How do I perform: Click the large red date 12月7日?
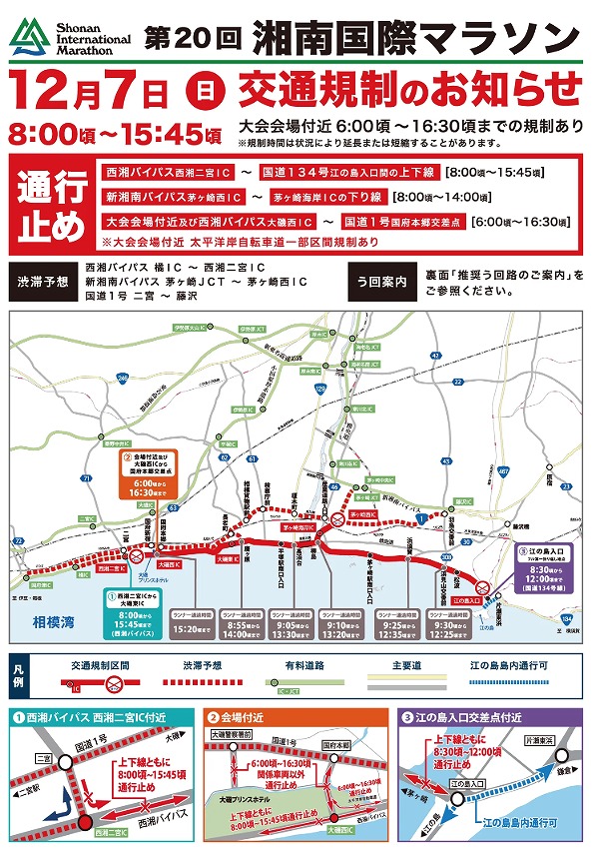pyautogui.click(x=89, y=92)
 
